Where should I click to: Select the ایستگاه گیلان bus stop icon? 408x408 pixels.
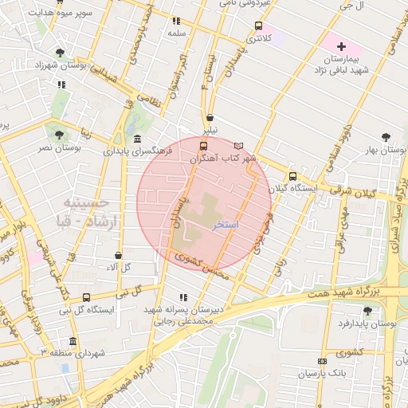click(x=292, y=177)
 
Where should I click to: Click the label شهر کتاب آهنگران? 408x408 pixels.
click(x=222, y=159)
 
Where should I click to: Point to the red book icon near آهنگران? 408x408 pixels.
click(x=239, y=146)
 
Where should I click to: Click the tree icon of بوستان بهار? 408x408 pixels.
click(x=386, y=137)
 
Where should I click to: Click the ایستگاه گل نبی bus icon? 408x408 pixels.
click(x=86, y=298)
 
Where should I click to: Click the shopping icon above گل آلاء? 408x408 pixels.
click(x=117, y=255)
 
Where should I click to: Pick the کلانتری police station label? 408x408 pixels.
click(x=257, y=37)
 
